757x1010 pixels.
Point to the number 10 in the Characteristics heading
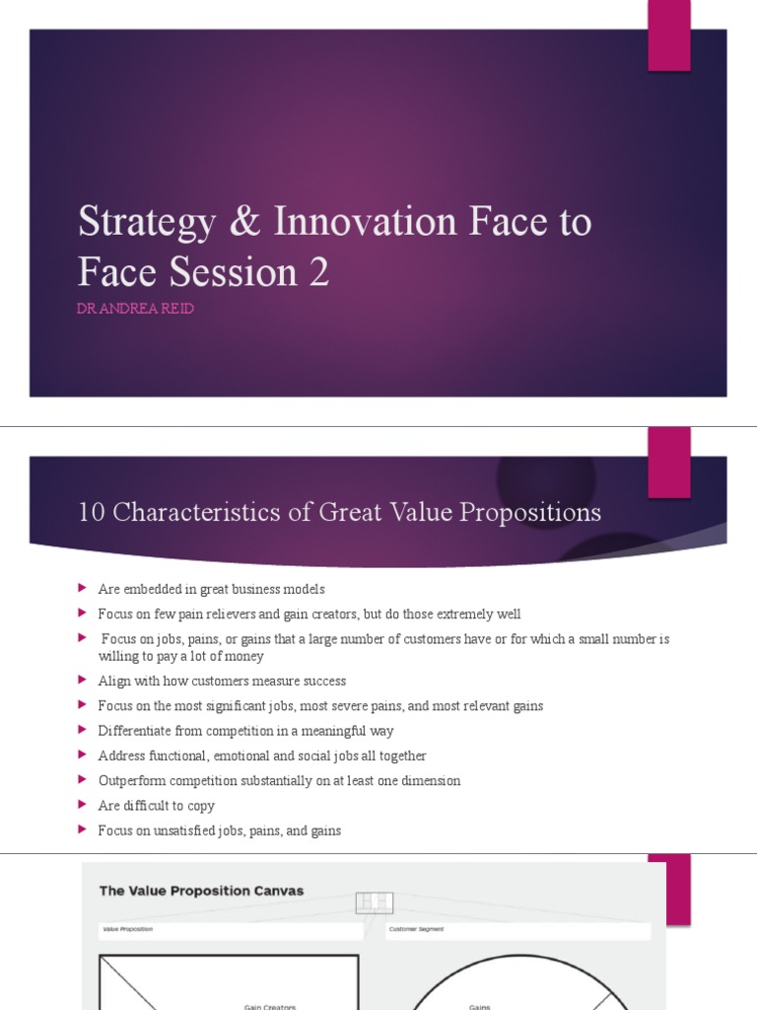[x=90, y=513]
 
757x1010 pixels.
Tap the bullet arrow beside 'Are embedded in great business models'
[x=83, y=589]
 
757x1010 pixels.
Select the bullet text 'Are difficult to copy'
[x=156, y=806]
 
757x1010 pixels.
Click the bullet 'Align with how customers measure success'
[x=222, y=682]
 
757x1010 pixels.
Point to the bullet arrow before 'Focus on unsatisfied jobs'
[x=83, y=830]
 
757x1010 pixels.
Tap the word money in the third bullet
[x=244, y=656]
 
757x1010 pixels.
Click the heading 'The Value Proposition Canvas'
[x=201, y=891]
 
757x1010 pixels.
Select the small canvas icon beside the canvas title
[x=375, y=902]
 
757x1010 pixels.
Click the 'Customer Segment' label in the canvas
[x=418, y=929]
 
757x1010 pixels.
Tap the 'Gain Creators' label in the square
[x=269, y=1006]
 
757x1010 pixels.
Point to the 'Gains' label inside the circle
[x=480, y=1006]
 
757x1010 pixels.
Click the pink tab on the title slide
[x=668, y=36]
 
